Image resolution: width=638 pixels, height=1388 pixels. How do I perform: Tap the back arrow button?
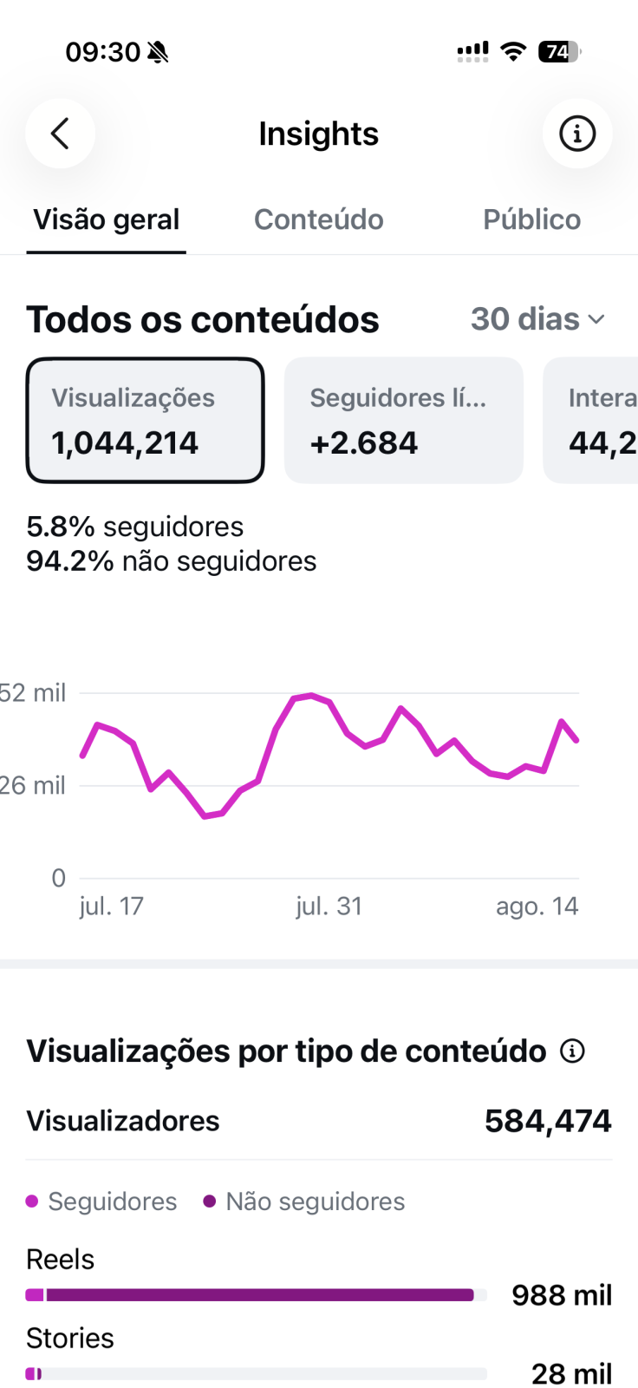click(x=60, y=134)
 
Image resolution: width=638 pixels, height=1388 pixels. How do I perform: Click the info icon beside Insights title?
click(x=577, y=134)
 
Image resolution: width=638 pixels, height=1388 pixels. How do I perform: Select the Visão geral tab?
click(x=107, y=220)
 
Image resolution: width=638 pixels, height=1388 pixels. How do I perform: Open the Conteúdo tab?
click(x=319, y=220)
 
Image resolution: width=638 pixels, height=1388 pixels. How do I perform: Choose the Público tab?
click(x=532, y=220)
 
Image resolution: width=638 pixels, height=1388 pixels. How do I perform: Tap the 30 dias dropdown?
click(x=537, y=319)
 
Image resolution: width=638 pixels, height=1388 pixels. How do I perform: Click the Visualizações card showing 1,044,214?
click(x=145, y=420)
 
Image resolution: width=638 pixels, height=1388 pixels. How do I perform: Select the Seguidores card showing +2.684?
click(x=404, y=420)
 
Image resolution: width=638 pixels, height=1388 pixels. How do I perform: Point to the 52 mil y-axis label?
click(x=32, y=693)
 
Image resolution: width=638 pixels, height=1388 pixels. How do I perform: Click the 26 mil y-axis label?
click(x=32, y=786)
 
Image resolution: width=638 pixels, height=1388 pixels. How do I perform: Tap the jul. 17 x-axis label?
click(x=112, y=907)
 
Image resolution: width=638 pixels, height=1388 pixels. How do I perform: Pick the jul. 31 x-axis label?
click(x=329, y=907)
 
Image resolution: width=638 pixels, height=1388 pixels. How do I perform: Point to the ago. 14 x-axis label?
click(x=537, y=907)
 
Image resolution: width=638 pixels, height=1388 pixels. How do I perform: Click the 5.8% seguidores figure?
click(x=135, y=527)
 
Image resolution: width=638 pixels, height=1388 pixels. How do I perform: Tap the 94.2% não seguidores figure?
click(x=172, y=561)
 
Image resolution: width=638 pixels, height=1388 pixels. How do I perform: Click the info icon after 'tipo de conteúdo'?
click(x=572, y=1051)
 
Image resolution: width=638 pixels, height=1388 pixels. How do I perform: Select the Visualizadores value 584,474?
click(x=548, y=1121)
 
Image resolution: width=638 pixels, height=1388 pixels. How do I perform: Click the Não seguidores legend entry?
click(x=304, y=1201)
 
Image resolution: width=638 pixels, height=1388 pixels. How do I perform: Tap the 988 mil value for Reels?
click(x=562, y=1295)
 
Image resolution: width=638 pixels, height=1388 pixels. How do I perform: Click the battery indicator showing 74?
click(x=559, y=51)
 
